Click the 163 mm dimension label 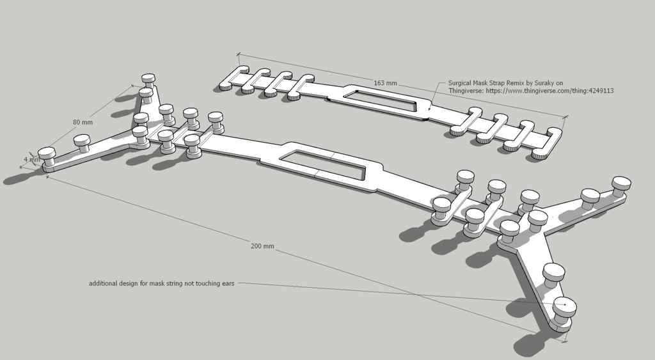point(385,83)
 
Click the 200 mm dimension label point(262,246)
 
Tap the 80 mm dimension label point(83,122)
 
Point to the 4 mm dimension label point(32,159)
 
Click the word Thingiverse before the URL point(466,91)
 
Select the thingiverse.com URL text point(549,91)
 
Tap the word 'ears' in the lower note point(228,283)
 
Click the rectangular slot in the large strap point(322,164)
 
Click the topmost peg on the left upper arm point(148,80)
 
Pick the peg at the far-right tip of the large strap point(622,185)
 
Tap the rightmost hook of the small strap point(548,144)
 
